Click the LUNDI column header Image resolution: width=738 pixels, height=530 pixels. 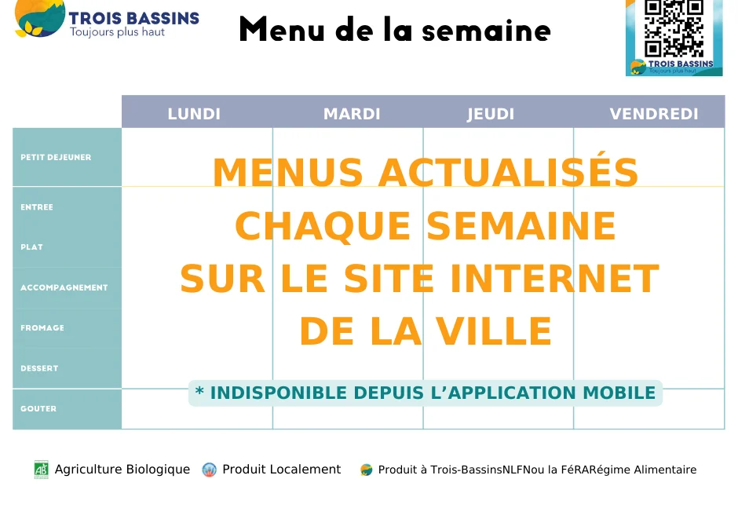(194, 114)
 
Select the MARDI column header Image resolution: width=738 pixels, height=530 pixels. (352, 114)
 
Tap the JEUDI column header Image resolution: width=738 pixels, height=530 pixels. (491, 114)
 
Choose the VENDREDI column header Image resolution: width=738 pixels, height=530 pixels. (654, 114)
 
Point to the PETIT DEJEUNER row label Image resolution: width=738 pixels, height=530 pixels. (56, 157)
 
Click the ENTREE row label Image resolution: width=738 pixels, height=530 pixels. (37, 207)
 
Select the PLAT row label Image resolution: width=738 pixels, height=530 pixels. (32, 247)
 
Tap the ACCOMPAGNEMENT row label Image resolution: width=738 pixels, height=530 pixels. (64, 287)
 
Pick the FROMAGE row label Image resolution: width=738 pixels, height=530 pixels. (42, 327)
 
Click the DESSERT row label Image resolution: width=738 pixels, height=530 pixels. (39, 368)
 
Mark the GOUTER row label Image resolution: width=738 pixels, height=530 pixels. (38, 408)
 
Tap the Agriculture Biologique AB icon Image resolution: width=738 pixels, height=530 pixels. (41, 470)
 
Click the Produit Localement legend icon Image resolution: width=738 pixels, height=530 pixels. (209, 470)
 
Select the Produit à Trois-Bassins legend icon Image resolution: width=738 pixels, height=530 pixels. (366, 470)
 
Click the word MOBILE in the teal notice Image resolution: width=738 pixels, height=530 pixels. (619, 393)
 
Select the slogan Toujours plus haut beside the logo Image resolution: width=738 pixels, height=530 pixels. (118, 32)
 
